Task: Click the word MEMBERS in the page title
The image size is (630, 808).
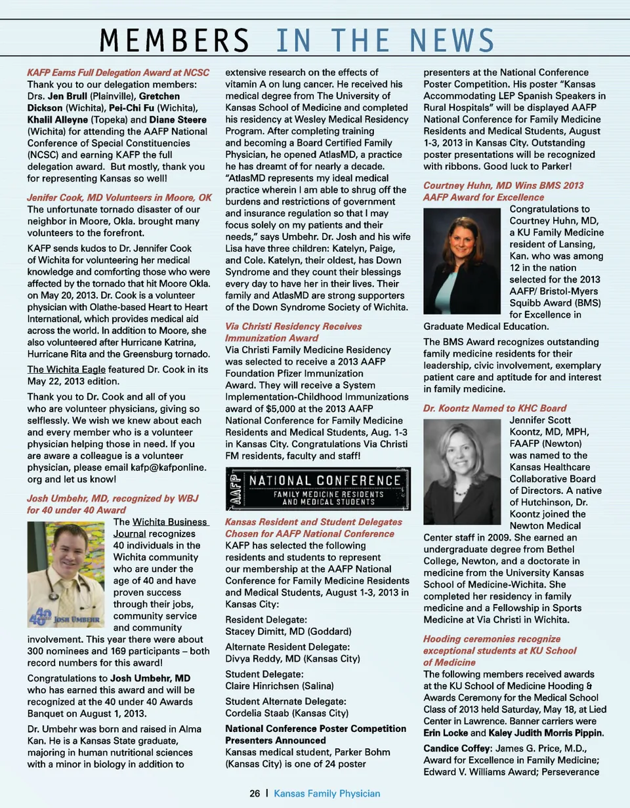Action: click(173, 41)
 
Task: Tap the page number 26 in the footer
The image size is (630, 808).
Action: click(255, 794)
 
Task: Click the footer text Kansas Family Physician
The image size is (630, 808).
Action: click(327, 794)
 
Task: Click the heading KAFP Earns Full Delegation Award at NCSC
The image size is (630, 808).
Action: click(118, 72)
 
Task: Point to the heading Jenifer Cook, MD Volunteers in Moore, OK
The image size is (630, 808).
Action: click(119, 197)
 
